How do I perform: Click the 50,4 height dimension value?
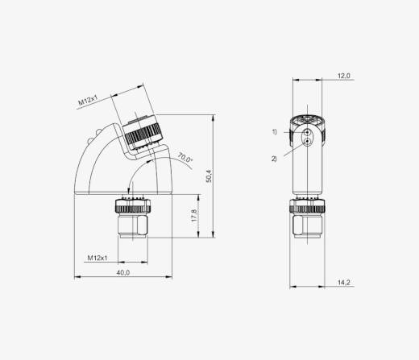pos(209,176)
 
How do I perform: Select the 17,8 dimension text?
pos(194,215)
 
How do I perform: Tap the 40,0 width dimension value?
pos(123,272)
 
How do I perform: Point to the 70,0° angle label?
pos(185,157)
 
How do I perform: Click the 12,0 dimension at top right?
pos(344,76)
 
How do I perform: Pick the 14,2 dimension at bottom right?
pos(344,283)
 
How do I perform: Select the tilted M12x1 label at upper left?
pos(88,100)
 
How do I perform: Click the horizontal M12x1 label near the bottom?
pos(97,258)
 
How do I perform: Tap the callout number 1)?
pos(275,132)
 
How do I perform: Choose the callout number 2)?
pos(274,159)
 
